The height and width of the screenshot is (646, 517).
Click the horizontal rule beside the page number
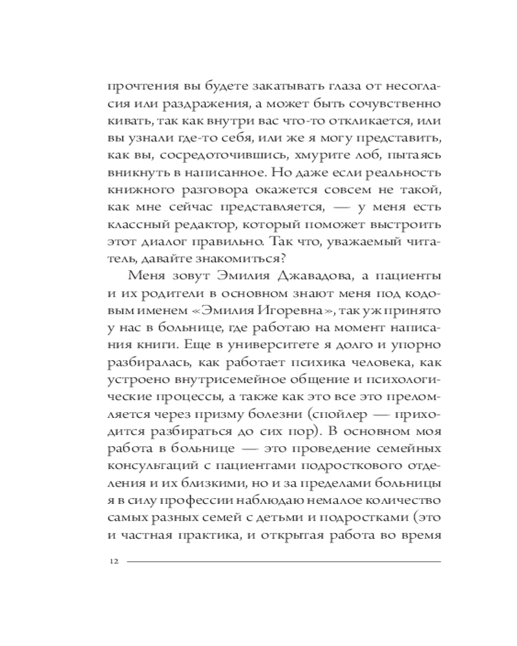click(x=284, y=561)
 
